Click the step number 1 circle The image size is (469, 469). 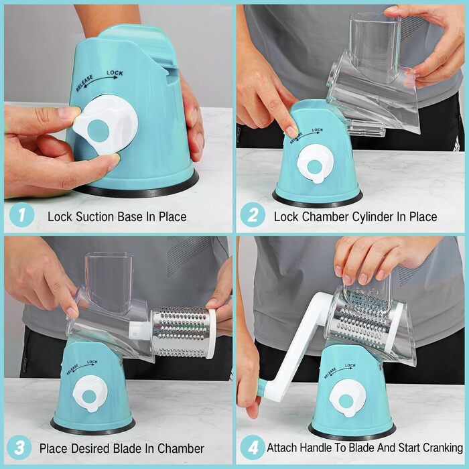coord(21,215)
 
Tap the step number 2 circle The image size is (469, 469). coord(253,215)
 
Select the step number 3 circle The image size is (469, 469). coord(19,448)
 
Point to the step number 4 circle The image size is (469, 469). coord(253,448)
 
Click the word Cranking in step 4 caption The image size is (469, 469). coord(443,448)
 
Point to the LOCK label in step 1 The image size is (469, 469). coord(115,72)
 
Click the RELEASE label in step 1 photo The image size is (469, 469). coord(84,83)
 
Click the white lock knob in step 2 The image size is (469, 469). coord(314,163)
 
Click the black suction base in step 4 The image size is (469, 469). coord(352,433)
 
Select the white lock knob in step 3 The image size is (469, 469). coord(89,393)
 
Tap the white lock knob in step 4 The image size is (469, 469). coord(346,399)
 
